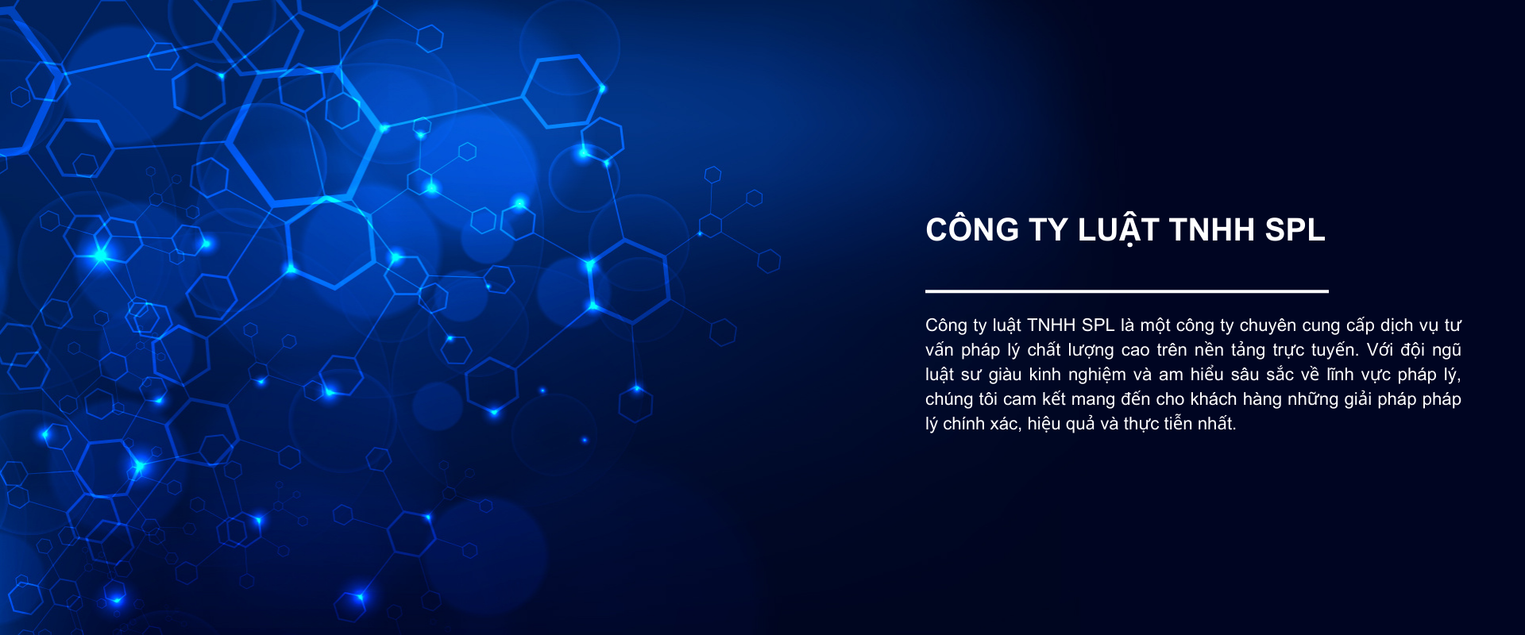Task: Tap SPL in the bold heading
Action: (1295, 230)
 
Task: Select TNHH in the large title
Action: (1212, 230)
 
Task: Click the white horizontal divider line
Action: (1127, 291)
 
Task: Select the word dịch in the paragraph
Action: (1396, 325)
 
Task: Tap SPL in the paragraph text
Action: (1098, 325)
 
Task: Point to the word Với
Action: (1380, 350)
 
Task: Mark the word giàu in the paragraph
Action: (1005, 375)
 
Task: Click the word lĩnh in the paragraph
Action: (1340, 375)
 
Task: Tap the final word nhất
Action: (1217, 424)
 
